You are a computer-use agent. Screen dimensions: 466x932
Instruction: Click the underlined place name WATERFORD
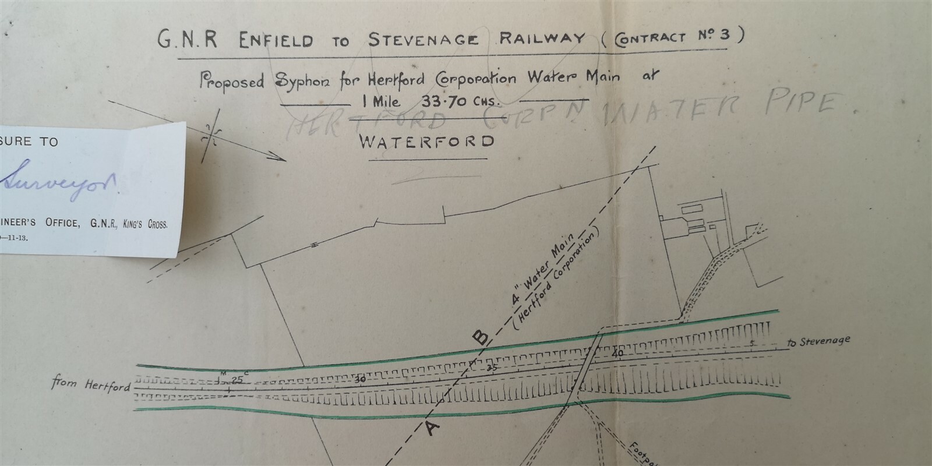[x=427, y=142]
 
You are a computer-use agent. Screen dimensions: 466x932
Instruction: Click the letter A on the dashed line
[x=432, y=429]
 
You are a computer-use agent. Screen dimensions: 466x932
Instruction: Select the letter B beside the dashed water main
[x=480, y=337]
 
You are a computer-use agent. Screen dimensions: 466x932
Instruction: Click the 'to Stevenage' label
[x=818, y=341]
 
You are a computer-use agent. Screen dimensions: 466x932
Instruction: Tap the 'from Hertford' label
[x=90, y=385]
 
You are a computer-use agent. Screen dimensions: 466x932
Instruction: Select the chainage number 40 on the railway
[x=617, y=354]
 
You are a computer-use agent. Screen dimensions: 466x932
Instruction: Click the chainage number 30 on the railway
[x=361, y=379]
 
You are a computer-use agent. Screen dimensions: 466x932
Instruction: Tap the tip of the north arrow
[x=286, y=159]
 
